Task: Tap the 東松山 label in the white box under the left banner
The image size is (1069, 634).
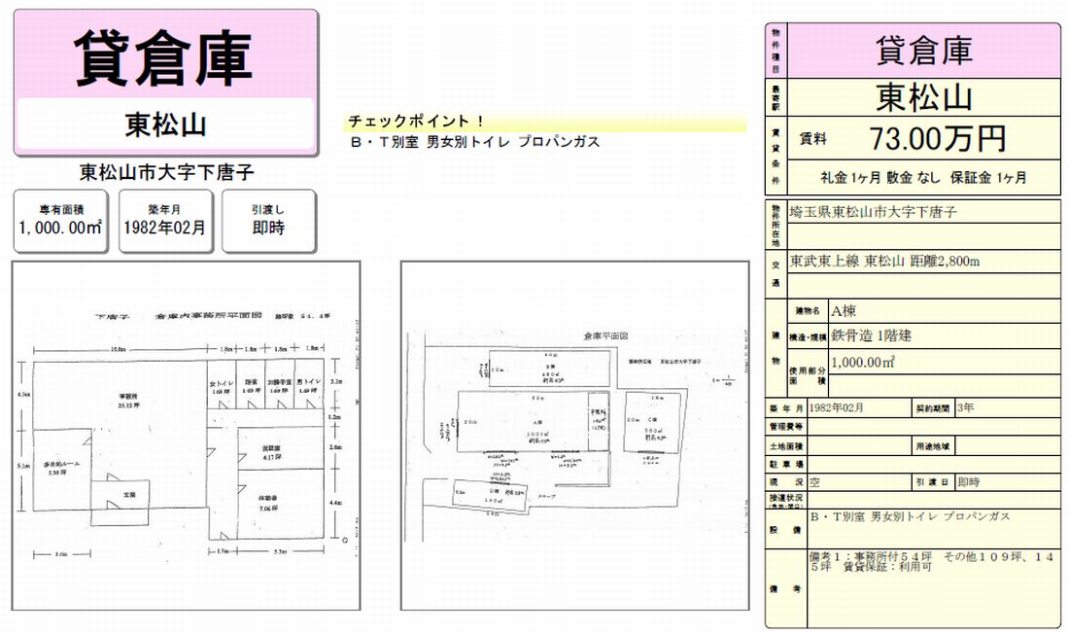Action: coord(164,124)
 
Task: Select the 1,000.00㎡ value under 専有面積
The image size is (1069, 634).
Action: coord(60,229)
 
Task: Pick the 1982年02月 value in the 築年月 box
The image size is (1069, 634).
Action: coord(164,229)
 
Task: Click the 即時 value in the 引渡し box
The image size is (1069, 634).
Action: coord(268,229)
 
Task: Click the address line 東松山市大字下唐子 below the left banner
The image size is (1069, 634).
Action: coord(166,174)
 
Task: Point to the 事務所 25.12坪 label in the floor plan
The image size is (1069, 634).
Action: coord(127,401)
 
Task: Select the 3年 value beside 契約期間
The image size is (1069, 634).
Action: coord(965,407)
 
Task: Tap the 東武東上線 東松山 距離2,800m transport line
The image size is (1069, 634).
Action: coord(883,261)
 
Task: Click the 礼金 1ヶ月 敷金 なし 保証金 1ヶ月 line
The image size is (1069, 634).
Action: coord(922,178)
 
